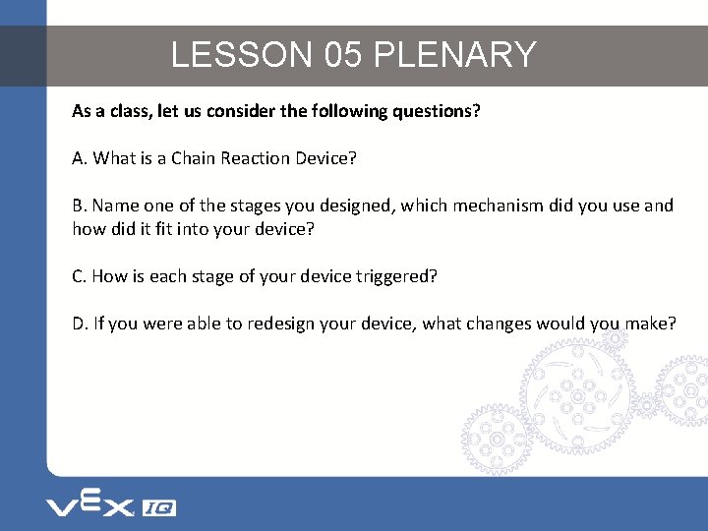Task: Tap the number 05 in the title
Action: point(342,54)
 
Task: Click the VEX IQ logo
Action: point(111,505)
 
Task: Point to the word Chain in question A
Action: point(192,158)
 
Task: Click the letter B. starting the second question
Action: point(80,206)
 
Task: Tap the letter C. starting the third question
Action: point(80,276)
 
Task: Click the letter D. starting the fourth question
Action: point(81,324)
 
